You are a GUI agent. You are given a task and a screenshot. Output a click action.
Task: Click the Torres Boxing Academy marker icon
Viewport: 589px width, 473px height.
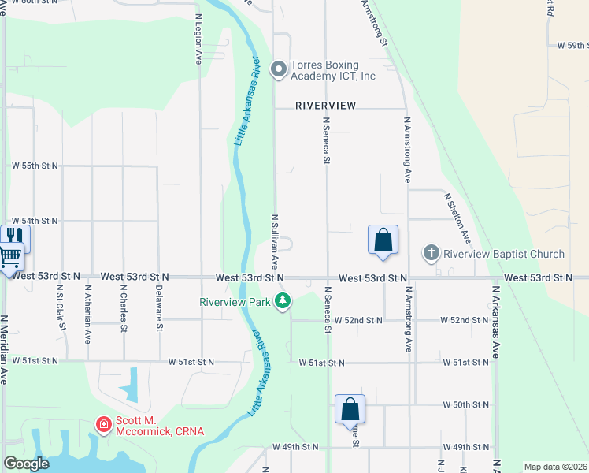(x=278, y=70)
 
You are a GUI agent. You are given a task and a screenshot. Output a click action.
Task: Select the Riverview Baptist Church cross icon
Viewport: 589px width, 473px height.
(x=431, y=253)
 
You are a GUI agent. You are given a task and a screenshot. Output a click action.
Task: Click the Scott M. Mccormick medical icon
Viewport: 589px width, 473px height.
(x=103, y=425)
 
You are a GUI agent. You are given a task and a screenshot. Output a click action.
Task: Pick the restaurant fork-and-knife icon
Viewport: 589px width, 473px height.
(x=13, y=235)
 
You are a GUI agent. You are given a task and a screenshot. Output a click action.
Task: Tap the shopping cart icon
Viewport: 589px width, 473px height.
(x=9, y=255)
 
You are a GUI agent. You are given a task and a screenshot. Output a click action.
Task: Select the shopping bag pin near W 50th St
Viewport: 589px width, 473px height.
(x=350, y=409)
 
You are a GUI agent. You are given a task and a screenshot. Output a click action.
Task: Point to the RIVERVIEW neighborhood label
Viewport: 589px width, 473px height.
(x=326, y=105)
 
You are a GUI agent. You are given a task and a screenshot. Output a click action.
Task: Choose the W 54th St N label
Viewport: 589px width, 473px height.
(x=35, y=222)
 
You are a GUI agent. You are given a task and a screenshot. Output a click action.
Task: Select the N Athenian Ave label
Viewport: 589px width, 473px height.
(x=87, y=314)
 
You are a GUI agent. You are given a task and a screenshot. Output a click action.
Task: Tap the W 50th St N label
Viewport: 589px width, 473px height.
(x=466, y=404)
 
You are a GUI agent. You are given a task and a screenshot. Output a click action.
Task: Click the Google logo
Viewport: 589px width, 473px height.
(x=26, y=464)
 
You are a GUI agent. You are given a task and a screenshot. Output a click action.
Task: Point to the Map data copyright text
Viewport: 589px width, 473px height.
(x=555, y=467)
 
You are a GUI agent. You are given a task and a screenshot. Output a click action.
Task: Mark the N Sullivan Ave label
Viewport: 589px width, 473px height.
(x=275, y=241)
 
